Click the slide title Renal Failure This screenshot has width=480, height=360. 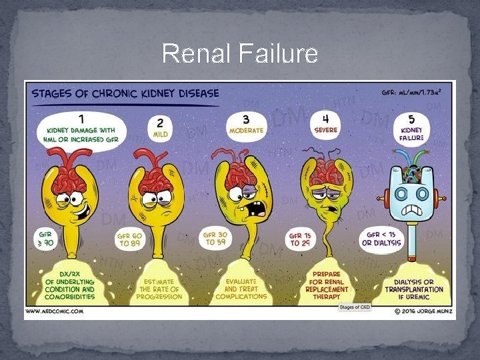tap(240, 53)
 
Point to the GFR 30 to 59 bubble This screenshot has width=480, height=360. tap(216, 239)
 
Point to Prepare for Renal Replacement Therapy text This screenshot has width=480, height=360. tap(326, 285)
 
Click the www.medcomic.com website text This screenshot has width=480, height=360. tap(54, 311)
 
